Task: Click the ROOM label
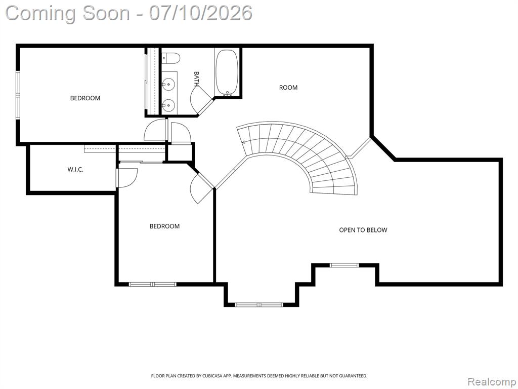pos(288,87)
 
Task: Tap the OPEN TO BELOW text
pos(363,230)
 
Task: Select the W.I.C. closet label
pos(75,169)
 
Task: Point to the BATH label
pos(197,79)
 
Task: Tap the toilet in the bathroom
pos(171,59)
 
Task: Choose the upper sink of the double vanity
pos(168,84)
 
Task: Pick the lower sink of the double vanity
pos(168,105)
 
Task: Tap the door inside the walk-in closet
pos(126,178)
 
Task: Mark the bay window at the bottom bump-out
pos(260,304)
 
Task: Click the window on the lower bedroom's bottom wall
pos(153,284)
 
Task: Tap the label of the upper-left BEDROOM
pos(85,98)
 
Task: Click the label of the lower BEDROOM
pos(164,226)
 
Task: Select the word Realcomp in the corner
pos(492,381)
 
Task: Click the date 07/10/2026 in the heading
pos(200,13)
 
